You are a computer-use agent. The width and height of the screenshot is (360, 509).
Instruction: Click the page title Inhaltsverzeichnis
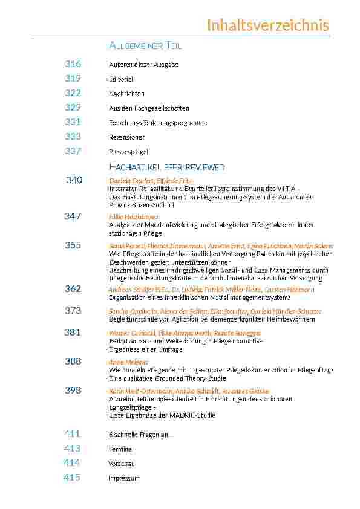tap(267, 25)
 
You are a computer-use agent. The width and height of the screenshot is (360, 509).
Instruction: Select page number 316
tap(73, 64)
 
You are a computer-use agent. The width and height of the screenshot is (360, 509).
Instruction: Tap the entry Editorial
tap(120, 79)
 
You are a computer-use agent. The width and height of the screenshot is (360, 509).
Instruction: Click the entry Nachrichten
tap(126, 94)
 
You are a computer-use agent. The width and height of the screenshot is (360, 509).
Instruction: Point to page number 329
tap(73, 108)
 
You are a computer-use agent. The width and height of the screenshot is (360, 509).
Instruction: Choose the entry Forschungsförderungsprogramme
tap(158, 123)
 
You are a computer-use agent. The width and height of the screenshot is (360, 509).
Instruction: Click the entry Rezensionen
tap(127, 137)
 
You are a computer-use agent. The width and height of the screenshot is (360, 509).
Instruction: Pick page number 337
tap(73, 151)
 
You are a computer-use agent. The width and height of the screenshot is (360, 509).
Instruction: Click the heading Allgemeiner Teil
tap(145, 46)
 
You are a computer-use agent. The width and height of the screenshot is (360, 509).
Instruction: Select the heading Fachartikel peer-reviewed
tap(166, 167)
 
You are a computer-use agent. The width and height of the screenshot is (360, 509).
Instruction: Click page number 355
tap(73, 245)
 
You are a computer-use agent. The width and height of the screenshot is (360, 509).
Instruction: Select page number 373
tap(73, 310)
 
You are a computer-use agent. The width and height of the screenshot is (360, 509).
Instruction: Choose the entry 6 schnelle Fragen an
tap(141, 435)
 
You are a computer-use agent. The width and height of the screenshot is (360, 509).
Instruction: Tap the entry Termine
tap(120, 449)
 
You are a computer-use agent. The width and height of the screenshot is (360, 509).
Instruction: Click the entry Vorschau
tap(121, 464)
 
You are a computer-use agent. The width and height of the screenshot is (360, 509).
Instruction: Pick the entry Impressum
tap(123, 478)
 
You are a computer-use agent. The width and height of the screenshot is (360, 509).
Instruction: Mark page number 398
tap(73, 390)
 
